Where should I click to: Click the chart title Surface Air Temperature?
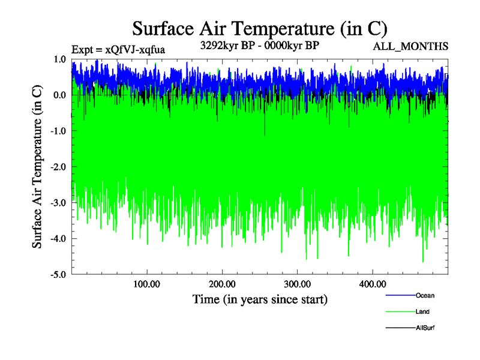(x=259, y=28)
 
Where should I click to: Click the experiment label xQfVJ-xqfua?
(x=118, y=49)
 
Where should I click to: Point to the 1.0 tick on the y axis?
(x=59, y=59)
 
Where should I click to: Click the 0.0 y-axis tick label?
(x=59, y=95)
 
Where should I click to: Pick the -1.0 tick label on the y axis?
(x=58, y=131)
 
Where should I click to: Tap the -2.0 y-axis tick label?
(x=58, y=167)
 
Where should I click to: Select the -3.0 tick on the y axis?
(x=58, y=203)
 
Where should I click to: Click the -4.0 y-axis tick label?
(x=58, y=239)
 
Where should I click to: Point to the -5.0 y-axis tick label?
(x=58, y=275)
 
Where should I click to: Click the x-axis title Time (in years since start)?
(x=260, y=299)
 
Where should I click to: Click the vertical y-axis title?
(x=37, y=167)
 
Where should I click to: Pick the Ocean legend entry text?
(x=425, y=295)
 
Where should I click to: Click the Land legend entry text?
(x=422, y=312)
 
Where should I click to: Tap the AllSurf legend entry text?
(x=425, y=329)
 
